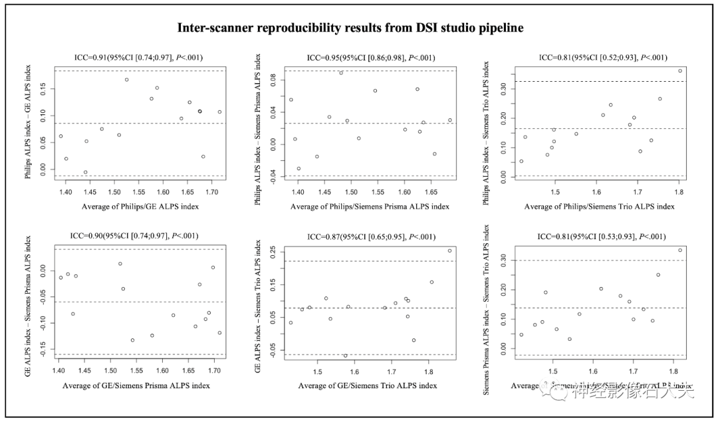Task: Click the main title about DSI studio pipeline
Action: (x=350, y=28)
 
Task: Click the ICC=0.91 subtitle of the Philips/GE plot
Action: (x=140, y=58)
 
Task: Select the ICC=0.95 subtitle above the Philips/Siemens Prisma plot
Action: (x=369, y=58)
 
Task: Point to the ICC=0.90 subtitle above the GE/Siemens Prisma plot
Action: (x=134, y=235)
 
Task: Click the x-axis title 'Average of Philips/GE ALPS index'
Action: (x=140, y=207)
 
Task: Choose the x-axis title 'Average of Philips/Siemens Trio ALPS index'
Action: (x=599, y=207)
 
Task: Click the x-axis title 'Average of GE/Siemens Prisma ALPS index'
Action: (x=136, y=385)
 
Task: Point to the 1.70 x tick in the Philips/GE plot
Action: (x=212, y=192)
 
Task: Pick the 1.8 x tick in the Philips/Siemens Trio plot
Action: (x=679, y=192)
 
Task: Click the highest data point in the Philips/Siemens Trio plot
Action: (x=679, y=70)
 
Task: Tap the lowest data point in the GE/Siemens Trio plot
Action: (x=345, y=356)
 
